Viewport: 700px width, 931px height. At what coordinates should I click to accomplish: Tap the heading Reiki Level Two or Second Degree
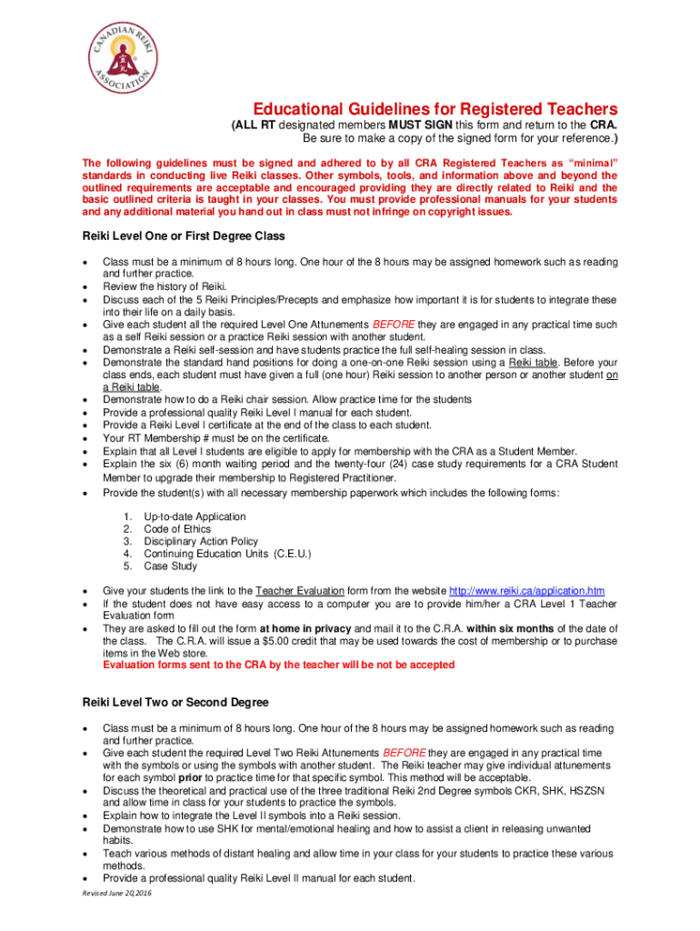pyautogui.click(x=175, y=703)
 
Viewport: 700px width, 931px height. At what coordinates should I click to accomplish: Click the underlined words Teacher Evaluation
pyautogui.click(x=297, y=590)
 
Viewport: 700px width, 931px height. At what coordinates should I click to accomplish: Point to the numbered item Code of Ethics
pyautogui.click(x=177, y=529)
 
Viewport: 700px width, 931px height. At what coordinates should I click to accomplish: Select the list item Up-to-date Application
pyautogui.click(x=195, y=516)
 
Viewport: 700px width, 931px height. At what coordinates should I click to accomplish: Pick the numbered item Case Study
pyautogui.click(x=170, y=566)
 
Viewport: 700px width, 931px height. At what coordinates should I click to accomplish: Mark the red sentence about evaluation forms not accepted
pyautogui.click(x=278, y=665)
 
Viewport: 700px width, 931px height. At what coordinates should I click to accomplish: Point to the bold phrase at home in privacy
pyautogui.click(x=305, y=628)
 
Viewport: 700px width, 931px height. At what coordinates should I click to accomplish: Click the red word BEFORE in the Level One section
pyautogui.click(x=395, y=325)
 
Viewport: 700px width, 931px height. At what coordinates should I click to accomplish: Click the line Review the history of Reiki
pyautogui.click(x=151, y=287)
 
